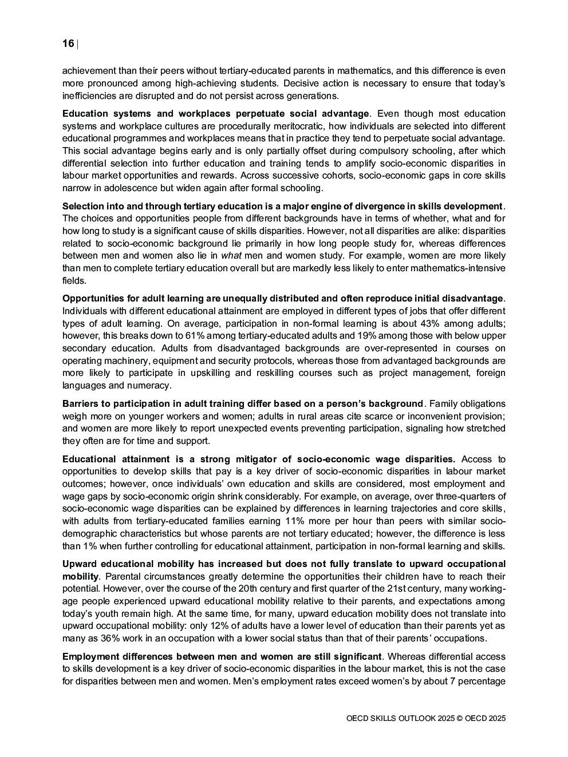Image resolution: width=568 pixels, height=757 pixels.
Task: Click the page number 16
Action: coord(68,44)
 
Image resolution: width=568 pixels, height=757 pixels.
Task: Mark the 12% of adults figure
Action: coord(301,626)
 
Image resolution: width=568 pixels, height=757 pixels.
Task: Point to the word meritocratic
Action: coord(296,126)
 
